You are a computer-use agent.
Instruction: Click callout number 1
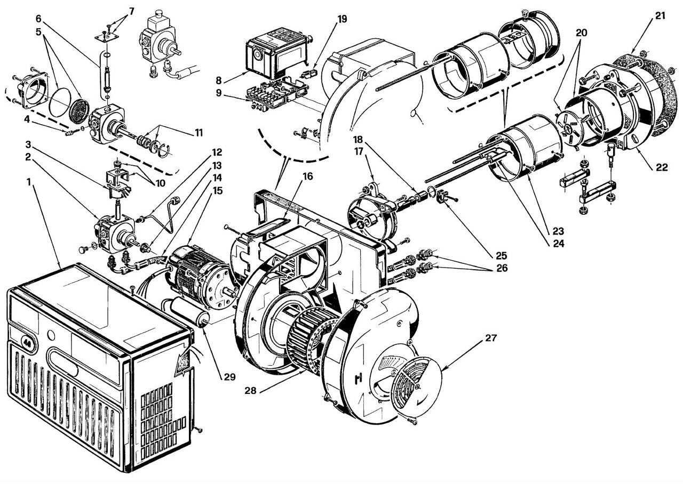point(29,182)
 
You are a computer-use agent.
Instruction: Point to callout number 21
point(660,16)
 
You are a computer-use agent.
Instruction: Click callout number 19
point(342,19)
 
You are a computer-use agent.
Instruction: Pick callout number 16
point(308,176)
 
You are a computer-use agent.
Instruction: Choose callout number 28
point(251,391)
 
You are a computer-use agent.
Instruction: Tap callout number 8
point(219,80)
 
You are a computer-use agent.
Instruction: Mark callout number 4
point(27,120)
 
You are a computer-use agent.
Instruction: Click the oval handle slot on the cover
point(62,362)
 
